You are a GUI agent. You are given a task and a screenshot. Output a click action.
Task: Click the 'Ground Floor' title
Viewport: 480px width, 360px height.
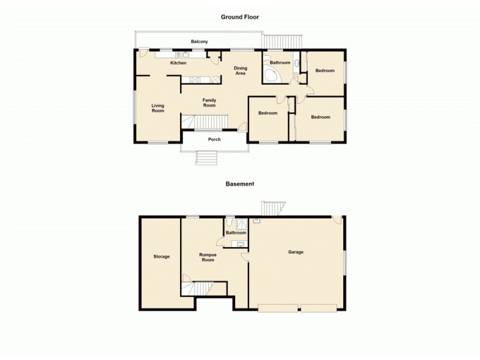click(239, 17)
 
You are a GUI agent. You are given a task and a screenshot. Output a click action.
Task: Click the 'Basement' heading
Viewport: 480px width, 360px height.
click(239, 184)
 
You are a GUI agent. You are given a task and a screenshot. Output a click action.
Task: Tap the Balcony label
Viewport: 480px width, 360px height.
click(200, 41)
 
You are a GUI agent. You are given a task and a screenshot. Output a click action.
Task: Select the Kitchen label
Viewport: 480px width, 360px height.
click(178, 63)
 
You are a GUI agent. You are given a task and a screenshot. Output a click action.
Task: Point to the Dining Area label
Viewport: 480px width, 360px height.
click(240, 71)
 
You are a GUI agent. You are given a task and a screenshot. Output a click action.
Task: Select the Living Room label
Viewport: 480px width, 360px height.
click(157, 108)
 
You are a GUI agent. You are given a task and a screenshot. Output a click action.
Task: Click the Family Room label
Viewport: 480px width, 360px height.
click(209, 103)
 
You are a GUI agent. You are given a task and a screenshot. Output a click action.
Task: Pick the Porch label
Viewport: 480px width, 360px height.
click(214, 139)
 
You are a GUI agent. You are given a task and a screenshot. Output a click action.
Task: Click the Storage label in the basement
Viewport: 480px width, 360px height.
click(161, 256)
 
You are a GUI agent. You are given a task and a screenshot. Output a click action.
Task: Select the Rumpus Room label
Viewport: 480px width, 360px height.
click(207, 257)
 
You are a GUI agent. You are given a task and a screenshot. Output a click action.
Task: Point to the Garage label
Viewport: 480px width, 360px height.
click(295, 252)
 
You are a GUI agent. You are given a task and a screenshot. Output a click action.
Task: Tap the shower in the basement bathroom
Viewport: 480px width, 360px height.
click(242, 224)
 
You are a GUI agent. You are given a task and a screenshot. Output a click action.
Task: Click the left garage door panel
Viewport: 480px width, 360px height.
click(277, 308)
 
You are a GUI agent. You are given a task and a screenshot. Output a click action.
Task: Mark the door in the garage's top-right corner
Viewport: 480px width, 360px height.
click(338, 220)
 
